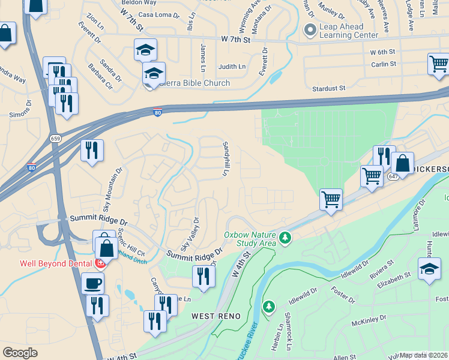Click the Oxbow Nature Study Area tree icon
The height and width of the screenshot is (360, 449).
(286, 239)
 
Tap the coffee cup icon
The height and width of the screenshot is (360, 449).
(93, 282)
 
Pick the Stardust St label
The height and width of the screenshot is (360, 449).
(329, 89)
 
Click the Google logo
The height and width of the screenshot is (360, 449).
(20, 353)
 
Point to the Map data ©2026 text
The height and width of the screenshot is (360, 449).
(423, 355)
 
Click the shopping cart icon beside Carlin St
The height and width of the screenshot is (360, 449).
(439, 64)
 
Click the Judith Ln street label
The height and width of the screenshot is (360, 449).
(232, 67)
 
